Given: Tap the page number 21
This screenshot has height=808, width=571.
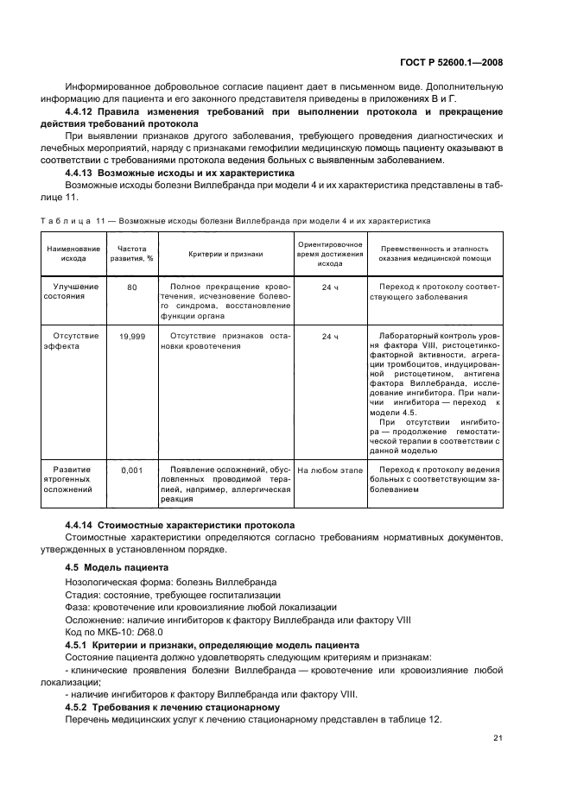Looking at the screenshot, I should click(x=498, y=736).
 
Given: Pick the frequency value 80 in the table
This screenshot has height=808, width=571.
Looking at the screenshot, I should click(x=132, y=287).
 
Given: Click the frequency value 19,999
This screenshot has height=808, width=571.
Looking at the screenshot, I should click(x=132, y=336).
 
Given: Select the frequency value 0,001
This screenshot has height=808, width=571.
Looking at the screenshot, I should click(x=132, y=470).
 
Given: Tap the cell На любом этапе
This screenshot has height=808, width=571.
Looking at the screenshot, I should click(x=330, y=470).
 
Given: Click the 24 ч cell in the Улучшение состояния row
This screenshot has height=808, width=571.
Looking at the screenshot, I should click(x=330, y=287).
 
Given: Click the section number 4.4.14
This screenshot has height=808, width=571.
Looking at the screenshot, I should click(x=80, y=525).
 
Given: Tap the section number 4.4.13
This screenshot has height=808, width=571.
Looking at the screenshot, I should click(x=80, y=172).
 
